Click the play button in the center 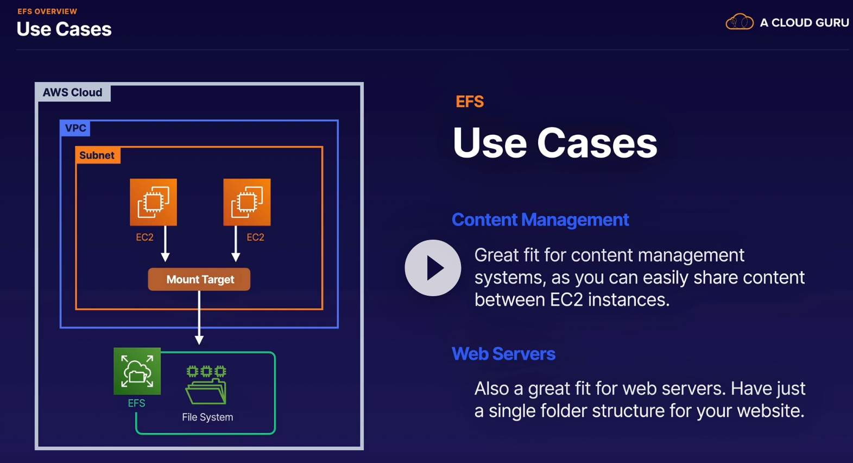[433, 268]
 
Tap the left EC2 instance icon [153, 202]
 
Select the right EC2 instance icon [247, 202]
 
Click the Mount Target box [199, 279]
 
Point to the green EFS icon [137, 371]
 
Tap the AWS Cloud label [73, 92]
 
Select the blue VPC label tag [75, 128]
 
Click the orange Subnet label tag [97, 155]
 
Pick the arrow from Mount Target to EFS [199, 318]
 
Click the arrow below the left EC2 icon [166, 245]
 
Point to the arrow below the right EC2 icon [236, 245]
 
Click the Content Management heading [540, 220]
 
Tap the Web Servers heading [503, 354]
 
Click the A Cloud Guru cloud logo [740, 22]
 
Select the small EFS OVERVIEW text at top [47, 11]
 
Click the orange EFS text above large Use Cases [470, 102]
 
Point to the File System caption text [207, 417]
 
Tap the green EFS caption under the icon [136, 403]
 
